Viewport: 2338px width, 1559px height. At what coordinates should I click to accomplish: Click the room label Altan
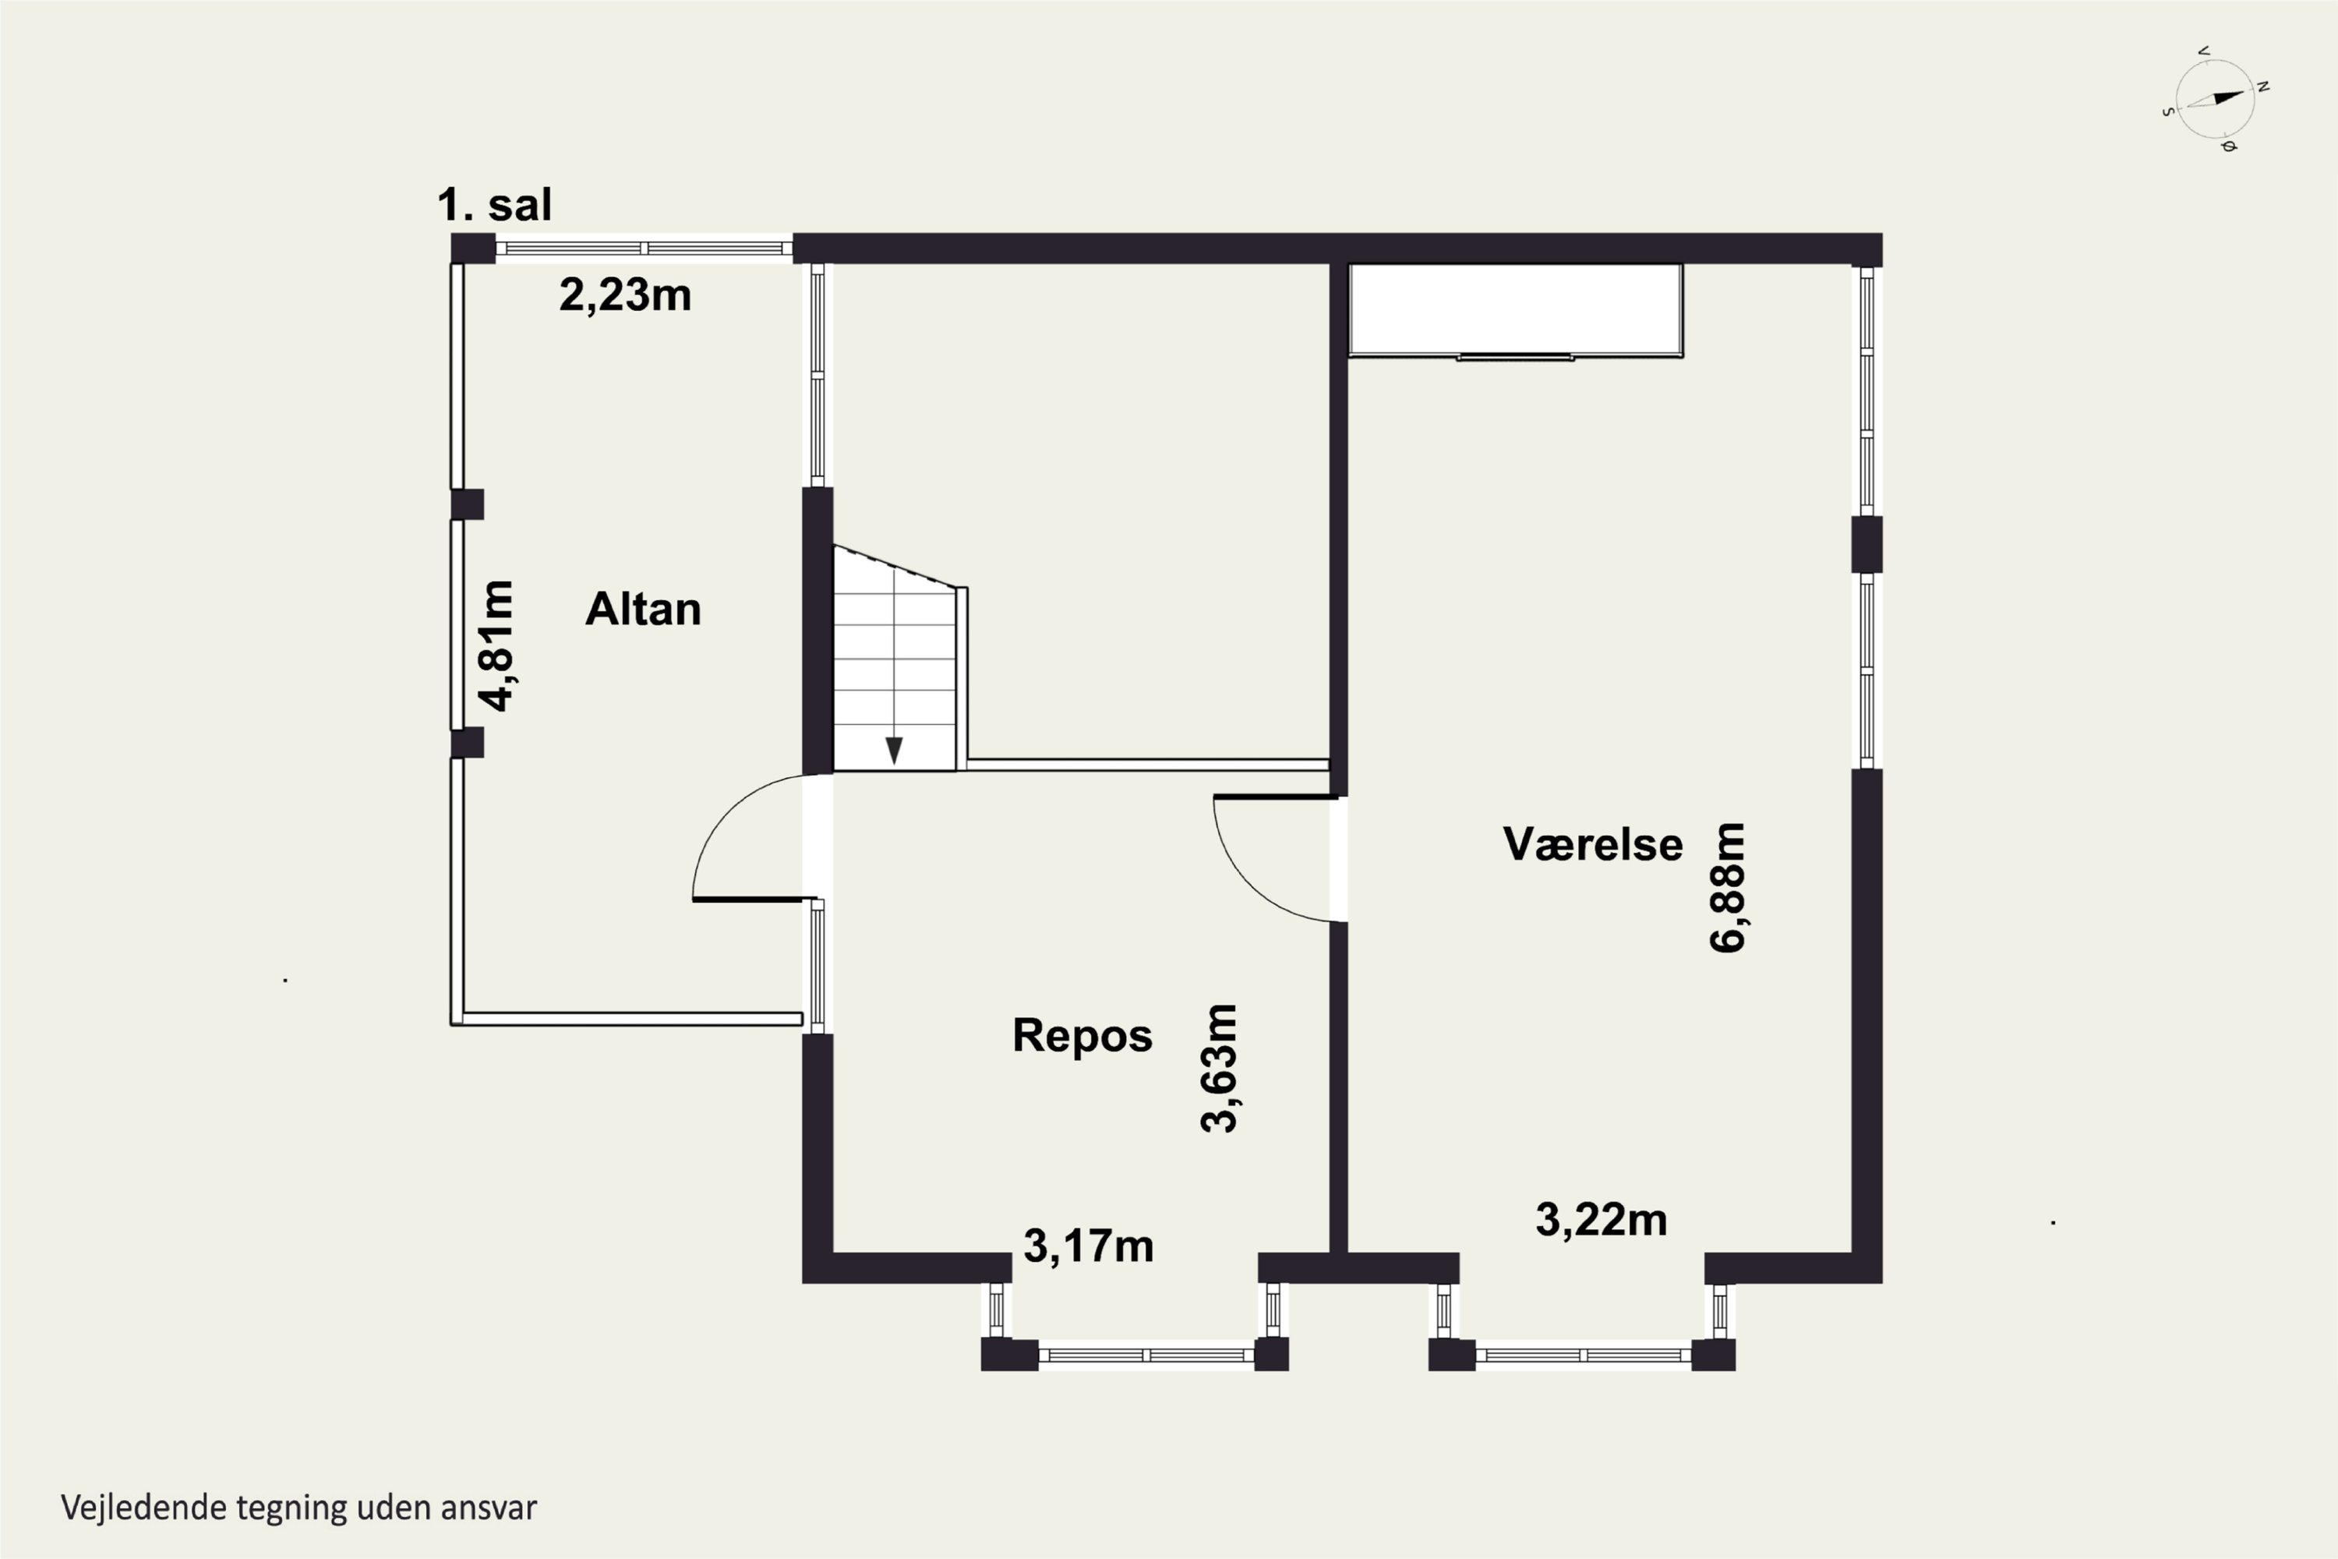click(643, 610)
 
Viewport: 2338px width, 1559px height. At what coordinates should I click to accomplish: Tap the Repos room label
click(1082, 1036)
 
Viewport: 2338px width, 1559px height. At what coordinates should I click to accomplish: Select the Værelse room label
click(1592, 844)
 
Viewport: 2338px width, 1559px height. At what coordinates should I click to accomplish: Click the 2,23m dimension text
click(625, 295)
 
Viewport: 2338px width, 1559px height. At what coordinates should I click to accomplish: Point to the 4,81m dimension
click(496, 646)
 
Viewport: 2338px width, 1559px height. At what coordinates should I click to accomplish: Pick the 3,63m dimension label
click(1219, 1068)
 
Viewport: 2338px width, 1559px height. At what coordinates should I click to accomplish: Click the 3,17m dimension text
click(1089, 1246)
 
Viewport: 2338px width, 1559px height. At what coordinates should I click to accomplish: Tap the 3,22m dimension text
click(1602, 1220)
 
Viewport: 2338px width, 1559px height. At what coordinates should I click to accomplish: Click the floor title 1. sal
click(494, 205)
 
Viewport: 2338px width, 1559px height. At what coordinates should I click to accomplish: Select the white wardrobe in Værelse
click(1515, 310)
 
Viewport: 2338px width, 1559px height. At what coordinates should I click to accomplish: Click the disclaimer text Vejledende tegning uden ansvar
click(299, 1508)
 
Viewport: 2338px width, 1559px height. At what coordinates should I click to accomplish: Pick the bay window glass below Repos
click(1146, 1354)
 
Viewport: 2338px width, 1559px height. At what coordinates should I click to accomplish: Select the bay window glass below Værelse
click(1584, 1354)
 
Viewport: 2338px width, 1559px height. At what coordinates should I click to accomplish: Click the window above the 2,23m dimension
click(645, 248)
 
